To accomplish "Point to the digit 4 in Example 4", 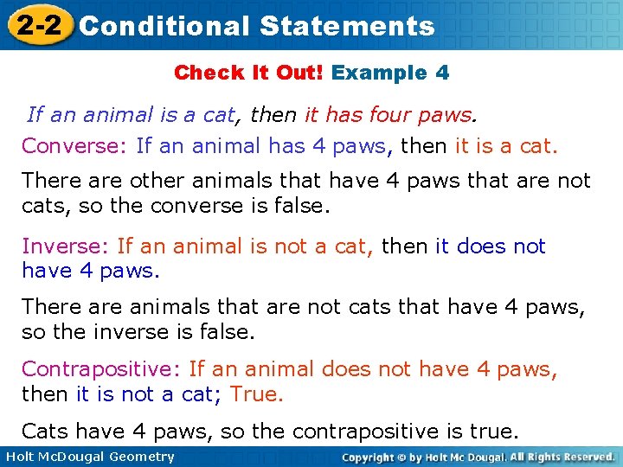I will point(442,73).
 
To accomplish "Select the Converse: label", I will point(75,145).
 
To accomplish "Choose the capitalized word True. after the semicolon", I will point(257,394).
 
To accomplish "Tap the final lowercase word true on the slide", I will point(494,431).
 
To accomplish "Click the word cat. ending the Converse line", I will point(537,145).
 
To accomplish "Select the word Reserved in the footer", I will point(581,457).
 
